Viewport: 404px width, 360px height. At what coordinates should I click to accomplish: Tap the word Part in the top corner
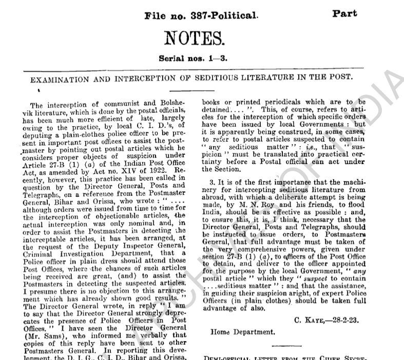click(345, 13)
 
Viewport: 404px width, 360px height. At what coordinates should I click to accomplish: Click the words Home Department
click(242, 332)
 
